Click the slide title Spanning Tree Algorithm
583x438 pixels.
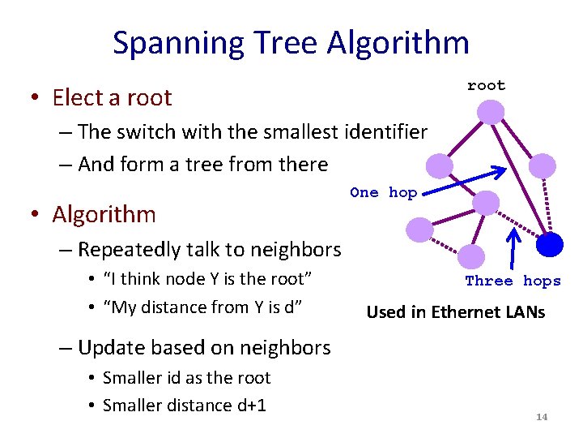291,43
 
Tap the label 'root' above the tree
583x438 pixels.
486,85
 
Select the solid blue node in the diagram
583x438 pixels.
551,243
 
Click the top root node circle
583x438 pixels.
491,111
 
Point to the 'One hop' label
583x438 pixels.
383,192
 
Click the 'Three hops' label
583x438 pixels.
513,281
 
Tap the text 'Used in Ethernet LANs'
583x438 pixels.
456,311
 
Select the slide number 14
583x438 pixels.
542,417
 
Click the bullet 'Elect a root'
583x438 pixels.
112,98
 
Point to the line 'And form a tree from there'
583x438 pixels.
202,165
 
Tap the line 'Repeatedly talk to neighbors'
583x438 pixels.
209,250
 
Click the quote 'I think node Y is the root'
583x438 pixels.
207,280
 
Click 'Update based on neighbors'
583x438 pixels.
204,348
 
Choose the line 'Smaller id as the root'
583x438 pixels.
186,378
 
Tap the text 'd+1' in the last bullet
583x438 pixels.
250,406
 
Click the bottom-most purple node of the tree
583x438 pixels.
470,257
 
